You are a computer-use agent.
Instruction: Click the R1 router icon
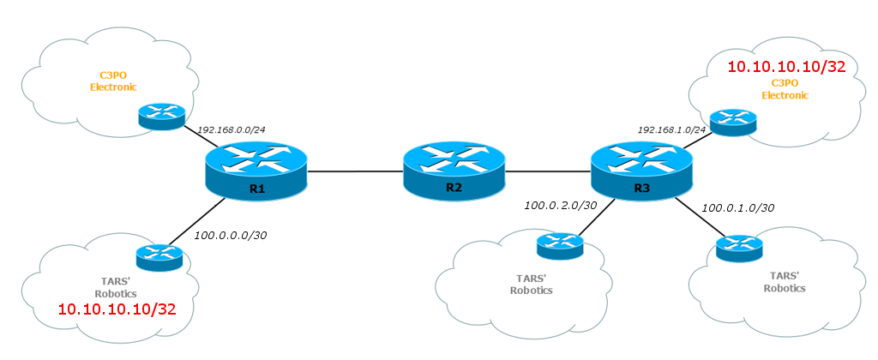click(256, 169)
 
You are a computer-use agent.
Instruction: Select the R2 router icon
click(454, 170)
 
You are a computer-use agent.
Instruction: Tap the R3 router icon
click(642, 169)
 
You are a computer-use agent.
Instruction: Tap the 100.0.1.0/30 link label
click(737, 207)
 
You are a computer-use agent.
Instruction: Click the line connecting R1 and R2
click(355, 171)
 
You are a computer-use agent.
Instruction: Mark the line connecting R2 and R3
click(548, 171)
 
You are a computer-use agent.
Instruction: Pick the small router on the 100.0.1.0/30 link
click(739, 249)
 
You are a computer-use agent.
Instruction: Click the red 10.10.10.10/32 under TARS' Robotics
click(117, 308)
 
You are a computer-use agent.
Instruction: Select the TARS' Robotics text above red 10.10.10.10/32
click(117, 285)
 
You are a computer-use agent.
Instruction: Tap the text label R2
click(454, 187)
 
